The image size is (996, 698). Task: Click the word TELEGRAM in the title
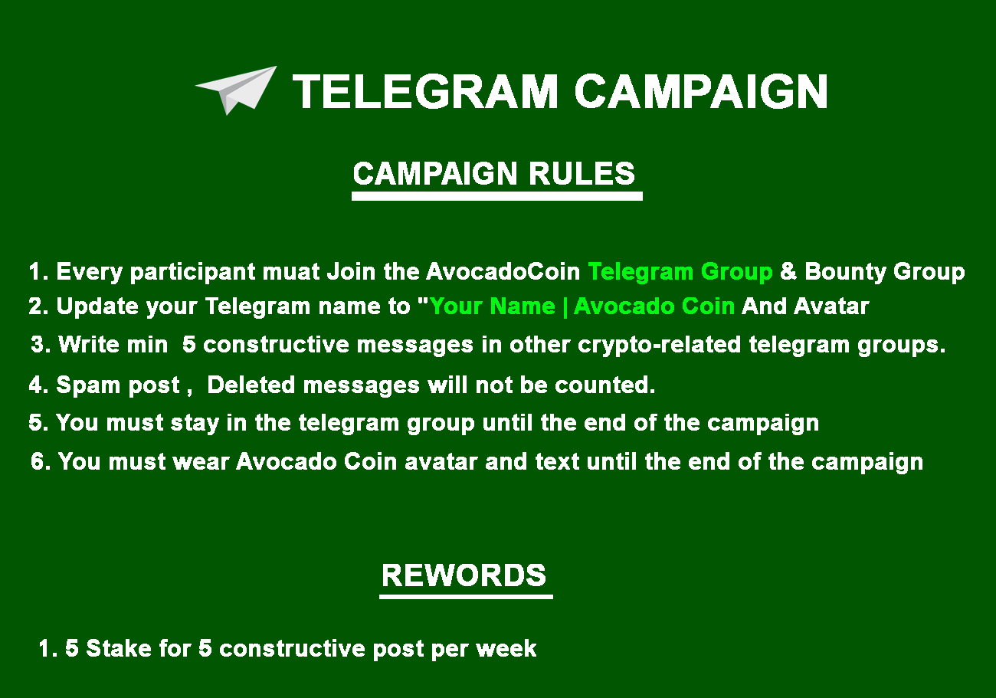click(424, 92)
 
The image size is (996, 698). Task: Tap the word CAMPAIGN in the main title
click(701, 92)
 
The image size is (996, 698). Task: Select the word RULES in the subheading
click(582, 173)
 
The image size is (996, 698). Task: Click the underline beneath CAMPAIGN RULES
click(496, 196)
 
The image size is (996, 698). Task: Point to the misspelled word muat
click(291, 272)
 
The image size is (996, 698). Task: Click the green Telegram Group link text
click(680, 272)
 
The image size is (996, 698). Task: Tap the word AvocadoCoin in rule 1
click(503, 272)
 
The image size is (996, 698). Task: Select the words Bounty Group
click(884, 272)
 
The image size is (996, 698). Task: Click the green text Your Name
click(492, 306)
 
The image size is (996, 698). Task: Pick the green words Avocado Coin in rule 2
click(654, 306)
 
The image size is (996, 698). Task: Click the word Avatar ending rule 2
click(831, 306)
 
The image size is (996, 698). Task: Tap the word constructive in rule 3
click(276, 345)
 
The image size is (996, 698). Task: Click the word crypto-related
click(660, 345)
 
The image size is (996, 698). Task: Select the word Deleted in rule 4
click(251, 385)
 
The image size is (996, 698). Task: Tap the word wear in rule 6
click(201, 462)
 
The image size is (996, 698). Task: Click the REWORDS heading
click(464, 575)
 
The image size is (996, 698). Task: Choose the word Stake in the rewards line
click(119, 648)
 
